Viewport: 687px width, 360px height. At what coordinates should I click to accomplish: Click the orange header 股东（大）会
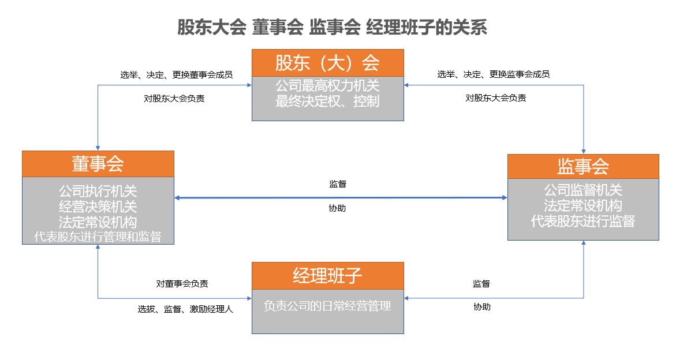point(328,63)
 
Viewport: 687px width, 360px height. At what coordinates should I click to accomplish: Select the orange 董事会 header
point(98,164)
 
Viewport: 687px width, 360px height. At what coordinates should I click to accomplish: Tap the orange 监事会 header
point(583,166)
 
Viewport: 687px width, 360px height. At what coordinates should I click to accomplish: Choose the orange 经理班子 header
point(328,276)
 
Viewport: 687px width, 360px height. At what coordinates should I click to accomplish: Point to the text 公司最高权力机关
point(328,85)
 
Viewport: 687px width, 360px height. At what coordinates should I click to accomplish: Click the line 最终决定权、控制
point(328,101)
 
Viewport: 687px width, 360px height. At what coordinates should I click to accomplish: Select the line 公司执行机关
point(98,191)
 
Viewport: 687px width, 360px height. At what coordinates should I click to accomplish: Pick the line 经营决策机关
point(98,207)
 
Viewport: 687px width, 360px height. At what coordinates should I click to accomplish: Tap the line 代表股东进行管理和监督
point(98,237)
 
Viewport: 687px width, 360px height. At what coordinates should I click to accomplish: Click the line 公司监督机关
point(583,190)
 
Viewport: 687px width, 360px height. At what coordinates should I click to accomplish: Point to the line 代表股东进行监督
point(583,221)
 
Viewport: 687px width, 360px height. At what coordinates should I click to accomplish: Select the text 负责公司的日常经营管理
point(328,306)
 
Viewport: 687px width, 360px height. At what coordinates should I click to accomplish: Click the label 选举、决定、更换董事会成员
point(177,75)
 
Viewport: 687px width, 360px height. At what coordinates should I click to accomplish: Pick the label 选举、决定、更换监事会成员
point(494,74)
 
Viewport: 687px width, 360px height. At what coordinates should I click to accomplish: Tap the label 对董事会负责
point(182,284)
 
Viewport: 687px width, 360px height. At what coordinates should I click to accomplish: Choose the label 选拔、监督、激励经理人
point(185,309)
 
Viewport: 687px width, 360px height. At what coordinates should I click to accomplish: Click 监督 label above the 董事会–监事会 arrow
point(338,184)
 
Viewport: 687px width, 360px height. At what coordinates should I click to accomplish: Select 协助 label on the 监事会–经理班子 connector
point(482,307)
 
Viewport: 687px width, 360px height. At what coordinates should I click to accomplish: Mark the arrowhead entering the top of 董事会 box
point(98,148)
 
